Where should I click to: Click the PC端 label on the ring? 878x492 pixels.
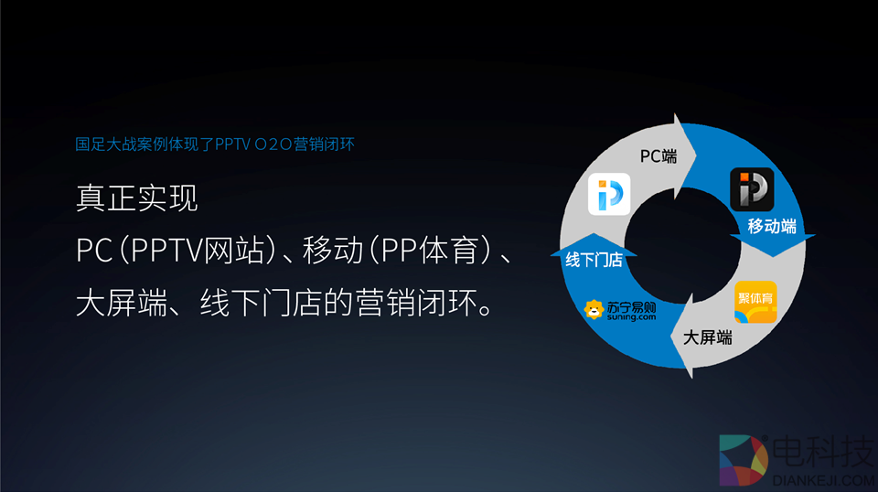(x=658, y=156)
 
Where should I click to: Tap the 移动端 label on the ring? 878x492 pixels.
(x=772, y=226)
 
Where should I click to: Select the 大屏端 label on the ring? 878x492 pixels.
(x=707, y=337)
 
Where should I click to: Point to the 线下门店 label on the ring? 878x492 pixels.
(x=594, y=260)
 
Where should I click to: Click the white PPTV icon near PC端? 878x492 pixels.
(x=609, y=194)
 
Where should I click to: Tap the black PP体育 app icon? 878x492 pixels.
(x=752, y=189)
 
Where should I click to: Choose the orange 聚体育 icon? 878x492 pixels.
(x=755, y=303)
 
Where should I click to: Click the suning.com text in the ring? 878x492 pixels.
(x=631, y=317)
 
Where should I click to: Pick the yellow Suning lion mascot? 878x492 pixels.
(x=594, y=309)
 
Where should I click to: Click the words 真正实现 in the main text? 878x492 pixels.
(x=136, y=198)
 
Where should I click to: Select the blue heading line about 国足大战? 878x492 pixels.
(x=215, y=144)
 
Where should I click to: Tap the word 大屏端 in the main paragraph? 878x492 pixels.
(x=122, y=303)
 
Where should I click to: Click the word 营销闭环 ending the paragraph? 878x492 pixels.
(x=418, y=303)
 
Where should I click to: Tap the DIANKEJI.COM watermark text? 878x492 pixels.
(x=823, y=480)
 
